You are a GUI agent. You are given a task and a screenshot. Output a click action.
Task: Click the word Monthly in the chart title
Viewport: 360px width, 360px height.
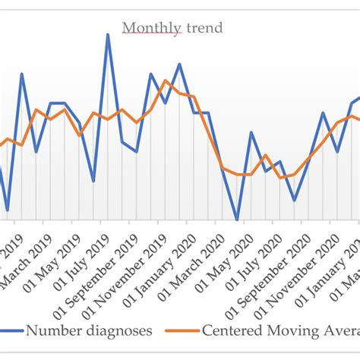pos(152,29)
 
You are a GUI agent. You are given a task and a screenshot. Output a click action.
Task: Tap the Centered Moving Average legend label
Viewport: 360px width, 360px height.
pos(281,330)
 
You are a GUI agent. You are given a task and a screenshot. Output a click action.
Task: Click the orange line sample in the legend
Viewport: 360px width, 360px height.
pos(190,331)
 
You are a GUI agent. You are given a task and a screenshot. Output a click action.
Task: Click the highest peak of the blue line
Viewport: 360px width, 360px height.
pos(108,34)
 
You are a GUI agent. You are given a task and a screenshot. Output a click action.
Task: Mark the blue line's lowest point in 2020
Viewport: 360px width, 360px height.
pos(237,220)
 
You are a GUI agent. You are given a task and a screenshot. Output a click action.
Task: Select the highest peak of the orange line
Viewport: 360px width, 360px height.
pos(166,81)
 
